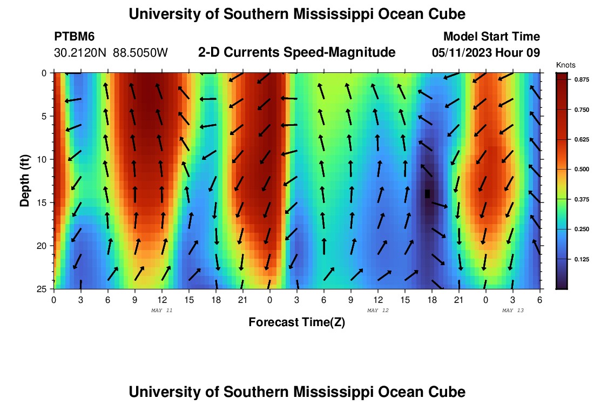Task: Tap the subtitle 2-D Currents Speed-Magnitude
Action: (297, 52)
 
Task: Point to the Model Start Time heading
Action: (491, 37)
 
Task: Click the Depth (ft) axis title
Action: (25, 180)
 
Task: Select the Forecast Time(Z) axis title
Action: (296, 322)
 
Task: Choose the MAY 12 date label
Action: (377, 310)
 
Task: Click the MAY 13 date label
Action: (512, 310)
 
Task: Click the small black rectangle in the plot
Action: (427, 193)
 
